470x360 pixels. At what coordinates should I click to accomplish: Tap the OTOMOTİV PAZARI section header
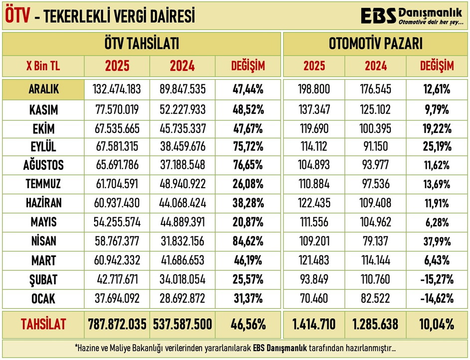(376, 44)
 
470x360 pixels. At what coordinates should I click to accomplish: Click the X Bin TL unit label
(43, 66)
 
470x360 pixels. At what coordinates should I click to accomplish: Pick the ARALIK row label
(43, 90)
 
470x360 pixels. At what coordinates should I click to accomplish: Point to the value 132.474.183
(117, 90)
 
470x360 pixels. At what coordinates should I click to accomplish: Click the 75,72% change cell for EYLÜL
(248, 147)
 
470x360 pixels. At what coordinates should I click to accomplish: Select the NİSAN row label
(43, 241)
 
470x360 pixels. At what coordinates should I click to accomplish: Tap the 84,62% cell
(248, 241)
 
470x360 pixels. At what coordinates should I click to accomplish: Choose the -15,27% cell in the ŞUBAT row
(437, 280)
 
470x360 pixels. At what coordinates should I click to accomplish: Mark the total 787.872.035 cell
(117, 325)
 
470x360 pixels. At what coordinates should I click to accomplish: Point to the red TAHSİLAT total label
(43, 325)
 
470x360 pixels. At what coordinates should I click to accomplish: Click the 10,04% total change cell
(437, 325)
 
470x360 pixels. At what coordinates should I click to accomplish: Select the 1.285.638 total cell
(375, 325)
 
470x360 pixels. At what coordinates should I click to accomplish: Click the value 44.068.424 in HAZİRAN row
(182, 203)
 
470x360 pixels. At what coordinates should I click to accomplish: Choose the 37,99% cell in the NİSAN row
(437, 241)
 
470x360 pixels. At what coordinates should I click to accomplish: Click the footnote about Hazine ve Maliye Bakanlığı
(234, 349)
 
